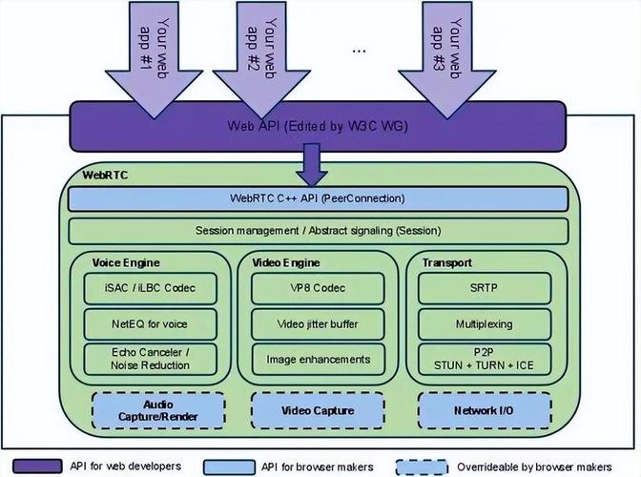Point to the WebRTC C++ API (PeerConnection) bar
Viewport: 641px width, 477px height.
317,198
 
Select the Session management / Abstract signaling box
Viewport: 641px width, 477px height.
318,231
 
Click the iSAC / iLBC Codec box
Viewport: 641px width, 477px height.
151,288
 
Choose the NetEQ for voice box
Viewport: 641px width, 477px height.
151,323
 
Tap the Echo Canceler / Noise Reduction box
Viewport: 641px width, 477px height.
151,359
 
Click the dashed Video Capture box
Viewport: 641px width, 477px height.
317,410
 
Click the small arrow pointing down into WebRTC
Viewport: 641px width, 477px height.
313,164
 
